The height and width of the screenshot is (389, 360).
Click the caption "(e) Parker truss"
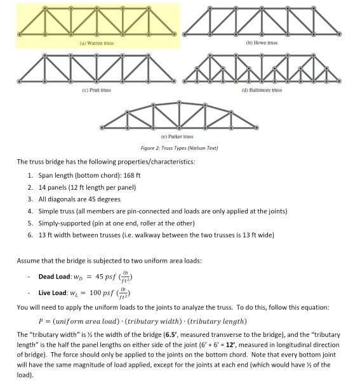[180, 136]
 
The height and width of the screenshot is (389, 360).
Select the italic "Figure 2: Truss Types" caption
[180, 148]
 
